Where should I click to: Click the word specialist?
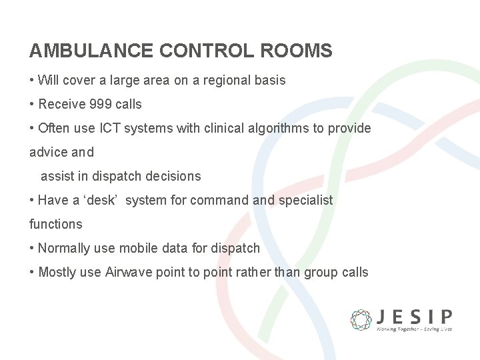coord(305,200)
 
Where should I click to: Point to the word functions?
coord(56,224)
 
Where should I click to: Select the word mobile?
coord(137,248)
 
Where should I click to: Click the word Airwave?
coord(129,272)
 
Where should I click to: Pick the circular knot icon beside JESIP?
coord(361,319)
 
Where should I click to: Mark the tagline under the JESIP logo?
coord(413,329)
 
